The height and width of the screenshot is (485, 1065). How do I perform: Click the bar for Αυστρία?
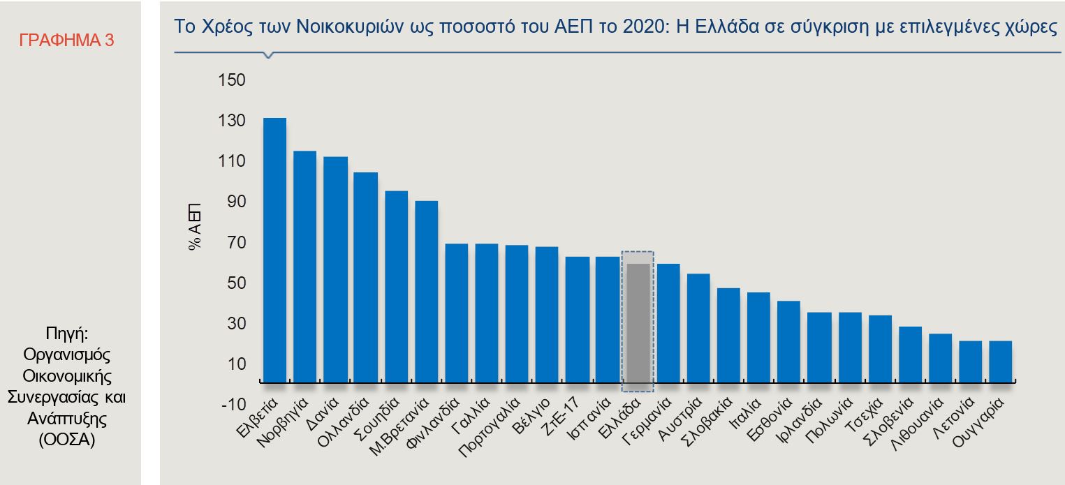[x=698, y=328]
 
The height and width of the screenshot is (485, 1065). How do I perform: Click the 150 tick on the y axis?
[x=231, y=80]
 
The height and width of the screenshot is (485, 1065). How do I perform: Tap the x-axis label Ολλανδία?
[x=344, y=422]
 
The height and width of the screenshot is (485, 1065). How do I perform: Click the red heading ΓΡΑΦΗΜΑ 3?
[x=67, y=40]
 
